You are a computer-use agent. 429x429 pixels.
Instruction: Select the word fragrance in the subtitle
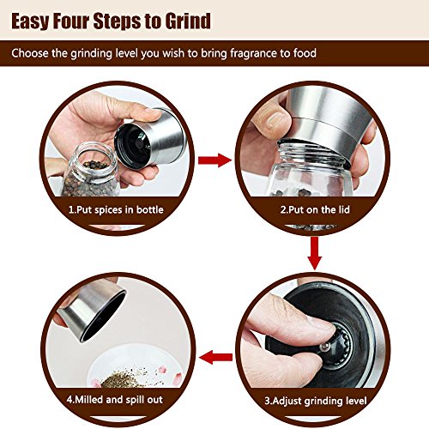click(256, 53)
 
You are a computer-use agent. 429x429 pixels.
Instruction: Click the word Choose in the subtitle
click(30, 53)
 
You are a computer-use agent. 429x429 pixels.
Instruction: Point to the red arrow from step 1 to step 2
click(214, 160)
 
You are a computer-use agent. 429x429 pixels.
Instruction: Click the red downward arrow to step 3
click(315, 253)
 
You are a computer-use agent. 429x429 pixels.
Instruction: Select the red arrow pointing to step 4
click(215, 357)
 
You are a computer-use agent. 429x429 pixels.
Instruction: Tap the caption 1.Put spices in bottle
click(116, 209)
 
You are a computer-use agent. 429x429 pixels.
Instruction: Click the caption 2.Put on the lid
click(315, 209)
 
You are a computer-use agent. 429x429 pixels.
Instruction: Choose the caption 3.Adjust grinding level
click(316, 401)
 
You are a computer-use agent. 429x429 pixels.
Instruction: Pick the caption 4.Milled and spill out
click(115, 400)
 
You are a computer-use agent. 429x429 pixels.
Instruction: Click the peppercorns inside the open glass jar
click(92, 178)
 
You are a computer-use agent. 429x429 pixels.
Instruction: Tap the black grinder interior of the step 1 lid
click(135, 145)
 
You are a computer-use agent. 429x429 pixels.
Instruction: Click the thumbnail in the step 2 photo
click(275, 120)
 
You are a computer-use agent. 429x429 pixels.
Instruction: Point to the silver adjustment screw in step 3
click(325, 347)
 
